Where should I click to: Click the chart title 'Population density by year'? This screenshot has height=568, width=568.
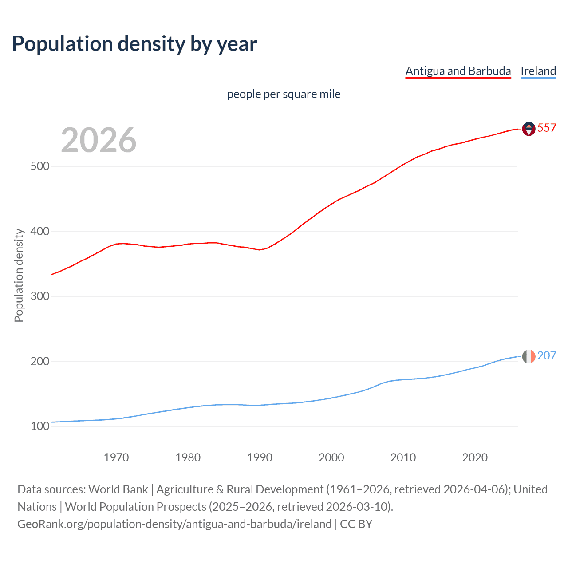[134, 44]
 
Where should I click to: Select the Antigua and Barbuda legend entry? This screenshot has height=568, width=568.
[458, 71]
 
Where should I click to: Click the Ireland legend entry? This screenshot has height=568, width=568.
[538, 71]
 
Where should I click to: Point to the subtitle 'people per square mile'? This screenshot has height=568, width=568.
[284, 94]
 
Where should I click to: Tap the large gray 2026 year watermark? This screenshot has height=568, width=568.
[99, 140]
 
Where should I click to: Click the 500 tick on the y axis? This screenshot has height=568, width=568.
[40, 166]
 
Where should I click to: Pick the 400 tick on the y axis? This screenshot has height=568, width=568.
[40, 231]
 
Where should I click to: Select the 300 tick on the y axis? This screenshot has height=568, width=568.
[40, 296]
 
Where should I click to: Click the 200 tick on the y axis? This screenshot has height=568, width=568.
[40, 361]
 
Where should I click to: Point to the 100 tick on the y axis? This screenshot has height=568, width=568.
[40, 426]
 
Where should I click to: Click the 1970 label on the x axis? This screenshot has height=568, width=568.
[116, 458]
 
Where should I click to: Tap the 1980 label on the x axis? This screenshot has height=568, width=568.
[188, 458]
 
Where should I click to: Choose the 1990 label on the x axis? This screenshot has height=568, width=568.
[260, 458]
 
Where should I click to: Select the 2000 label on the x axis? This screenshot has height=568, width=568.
[331, 458]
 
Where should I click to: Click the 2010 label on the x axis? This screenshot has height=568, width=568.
[403, 458]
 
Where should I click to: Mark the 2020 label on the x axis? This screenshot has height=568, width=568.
[475, 458]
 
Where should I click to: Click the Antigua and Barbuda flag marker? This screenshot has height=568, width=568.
[529, 129]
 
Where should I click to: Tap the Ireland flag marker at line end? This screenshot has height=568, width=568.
[529, 356]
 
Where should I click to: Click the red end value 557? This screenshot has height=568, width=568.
[547, 128]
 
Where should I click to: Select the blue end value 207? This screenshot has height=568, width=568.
[547, 356]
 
